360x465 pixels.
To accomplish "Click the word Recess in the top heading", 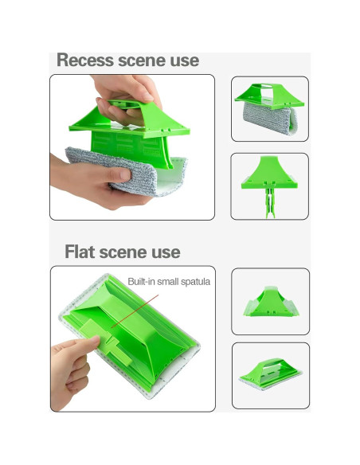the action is point(85,61).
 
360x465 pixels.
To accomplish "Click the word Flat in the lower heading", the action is point(80,252).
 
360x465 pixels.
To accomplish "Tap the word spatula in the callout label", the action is point(195,282).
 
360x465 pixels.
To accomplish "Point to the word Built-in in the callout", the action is point(142,281).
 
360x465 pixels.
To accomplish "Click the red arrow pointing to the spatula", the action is point(135,311).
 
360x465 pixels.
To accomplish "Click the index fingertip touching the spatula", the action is point(94,340).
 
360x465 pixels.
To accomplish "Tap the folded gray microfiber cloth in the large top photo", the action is point(126,170).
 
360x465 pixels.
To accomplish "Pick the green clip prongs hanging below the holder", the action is point(270,202).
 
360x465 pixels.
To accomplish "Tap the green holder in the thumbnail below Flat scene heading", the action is point(271,303).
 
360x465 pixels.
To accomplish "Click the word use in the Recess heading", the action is point(185,61).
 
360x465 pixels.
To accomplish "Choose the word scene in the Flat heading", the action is point(123,252).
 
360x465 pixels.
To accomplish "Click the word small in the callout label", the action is point(168,281).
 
